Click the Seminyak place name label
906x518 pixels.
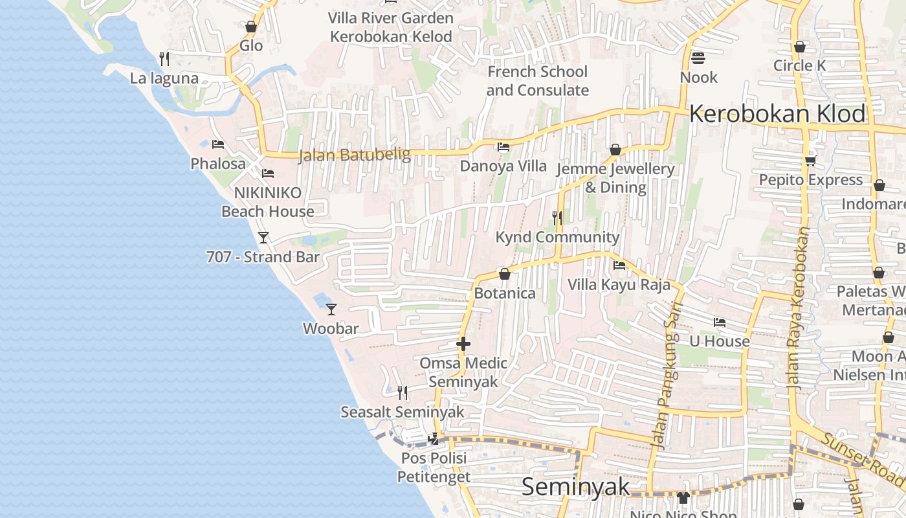(x=575, y=486)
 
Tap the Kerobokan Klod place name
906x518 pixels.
(x=777, y=114)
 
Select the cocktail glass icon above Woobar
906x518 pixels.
(x=331, y=309)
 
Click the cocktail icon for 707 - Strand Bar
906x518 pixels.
(x=263, y=237)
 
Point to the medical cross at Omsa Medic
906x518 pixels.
(x=463, y=344)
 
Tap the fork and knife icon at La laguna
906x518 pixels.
(x=164, y=59)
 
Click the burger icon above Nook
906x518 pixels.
(x=698, y=58)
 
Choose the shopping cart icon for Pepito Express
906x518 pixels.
(x=810, y=161)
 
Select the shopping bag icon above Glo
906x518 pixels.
(x=251, y=27)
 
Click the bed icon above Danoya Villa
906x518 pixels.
(x=503, y=146)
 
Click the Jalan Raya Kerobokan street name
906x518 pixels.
(x=797, y=308)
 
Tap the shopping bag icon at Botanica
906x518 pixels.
(x=505, y=274)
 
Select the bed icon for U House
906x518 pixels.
(x=719, y=322)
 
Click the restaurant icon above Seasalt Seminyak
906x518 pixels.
(x=402, y=392)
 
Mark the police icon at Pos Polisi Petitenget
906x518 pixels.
(x=434, y=438)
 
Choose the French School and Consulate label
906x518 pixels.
(x=537, y=80)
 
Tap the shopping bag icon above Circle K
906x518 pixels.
(x=800, y=47)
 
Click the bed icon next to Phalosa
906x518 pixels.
(x=217, y=144)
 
